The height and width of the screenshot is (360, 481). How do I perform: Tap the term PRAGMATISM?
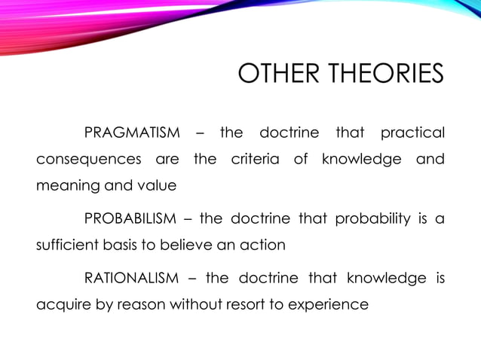pos(132,133)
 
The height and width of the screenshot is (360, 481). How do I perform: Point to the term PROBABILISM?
pos(130,219)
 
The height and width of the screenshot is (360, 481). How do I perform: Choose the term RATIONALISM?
pos(131,279)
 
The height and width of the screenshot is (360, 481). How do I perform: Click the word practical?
pos(412,133)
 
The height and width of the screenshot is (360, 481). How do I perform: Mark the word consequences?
pos(89,160)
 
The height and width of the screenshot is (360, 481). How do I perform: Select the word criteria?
pos(255,160)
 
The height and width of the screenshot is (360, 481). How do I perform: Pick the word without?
pos(199,305)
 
